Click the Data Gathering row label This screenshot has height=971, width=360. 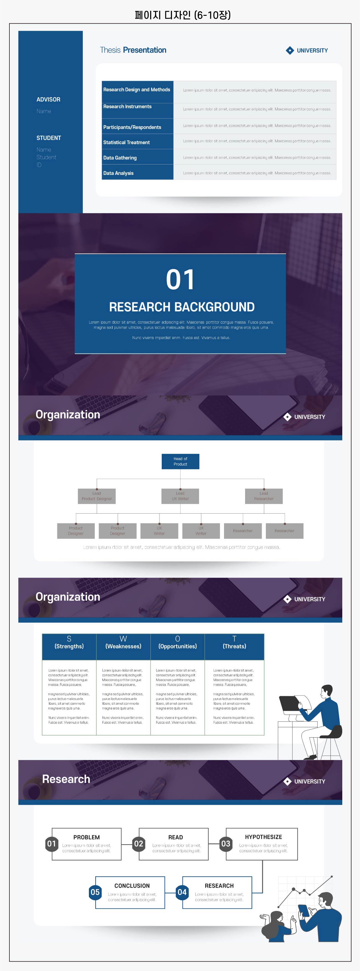(x=120, y=158)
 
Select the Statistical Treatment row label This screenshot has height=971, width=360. (x=126, y=142)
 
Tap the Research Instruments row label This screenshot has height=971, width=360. (x=127, y=107)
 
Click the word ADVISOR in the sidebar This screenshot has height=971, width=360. (x=48, y=99)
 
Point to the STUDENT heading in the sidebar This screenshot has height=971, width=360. (x=49, y=138)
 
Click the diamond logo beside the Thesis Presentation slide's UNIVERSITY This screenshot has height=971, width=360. (x=289, y=50)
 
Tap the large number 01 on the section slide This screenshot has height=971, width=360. (x=180, y=280)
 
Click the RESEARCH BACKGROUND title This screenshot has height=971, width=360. (x=182, y=307)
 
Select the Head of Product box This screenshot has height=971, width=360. (x=180, y=461)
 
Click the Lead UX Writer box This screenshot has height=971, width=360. (x=180, y=496)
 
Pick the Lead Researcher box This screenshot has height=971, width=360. (x=264, y=496)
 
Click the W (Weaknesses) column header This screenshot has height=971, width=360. (x=123, y=643)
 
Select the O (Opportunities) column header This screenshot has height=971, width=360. (x=178, y=643)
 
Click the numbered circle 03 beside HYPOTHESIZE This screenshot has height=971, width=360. (x=225, y=844)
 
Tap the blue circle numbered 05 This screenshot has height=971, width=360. (x=95, y=892)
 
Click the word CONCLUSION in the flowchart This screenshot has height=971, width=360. (x=132, y=886)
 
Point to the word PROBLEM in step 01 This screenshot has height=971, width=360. (x=86, y=837)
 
